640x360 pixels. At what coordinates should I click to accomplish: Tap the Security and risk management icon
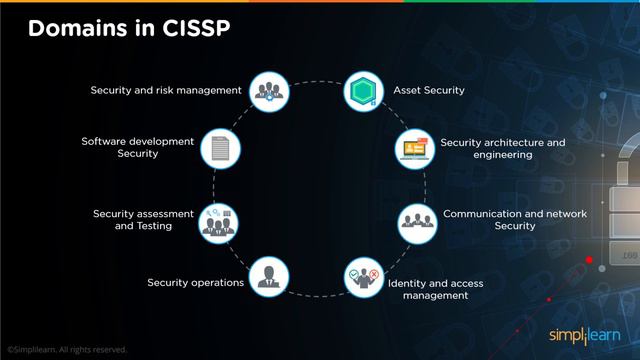268,90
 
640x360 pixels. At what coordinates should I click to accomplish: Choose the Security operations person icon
268,276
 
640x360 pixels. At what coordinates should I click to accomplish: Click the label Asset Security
430,90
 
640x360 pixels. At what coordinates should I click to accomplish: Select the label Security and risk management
166,90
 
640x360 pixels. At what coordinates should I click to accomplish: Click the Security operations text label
196,283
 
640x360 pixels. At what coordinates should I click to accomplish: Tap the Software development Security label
138,147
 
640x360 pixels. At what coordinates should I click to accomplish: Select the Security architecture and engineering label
502,148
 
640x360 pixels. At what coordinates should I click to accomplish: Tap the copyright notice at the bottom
67,350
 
